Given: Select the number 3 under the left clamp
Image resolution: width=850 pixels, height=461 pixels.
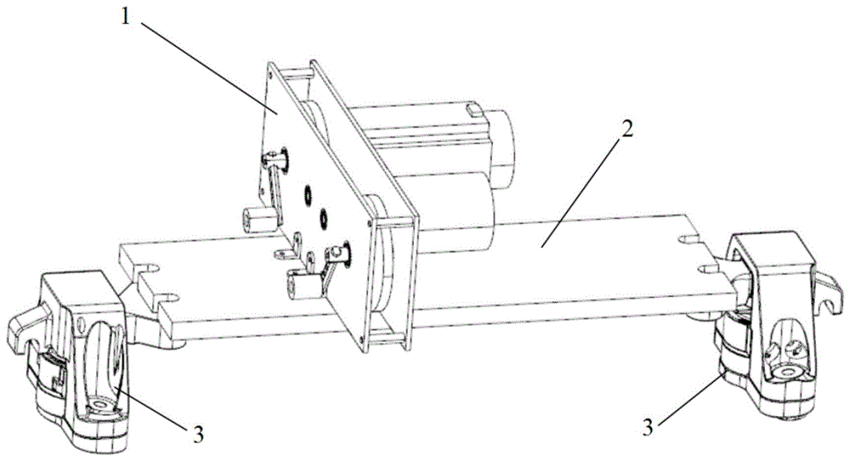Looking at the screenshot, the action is [x=197, y=434].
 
